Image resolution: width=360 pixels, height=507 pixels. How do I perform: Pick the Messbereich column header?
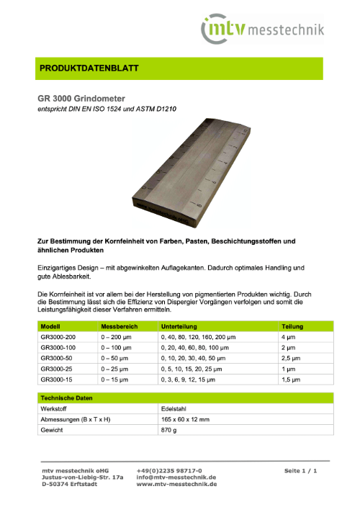(110, 326)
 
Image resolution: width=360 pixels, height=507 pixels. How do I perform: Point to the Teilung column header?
(292, 326)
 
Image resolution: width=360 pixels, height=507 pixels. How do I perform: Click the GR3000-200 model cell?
(60, 337)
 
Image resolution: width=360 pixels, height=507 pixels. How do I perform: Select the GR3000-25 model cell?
(58, 367)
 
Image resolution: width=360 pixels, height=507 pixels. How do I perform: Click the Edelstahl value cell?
(172, 408)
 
